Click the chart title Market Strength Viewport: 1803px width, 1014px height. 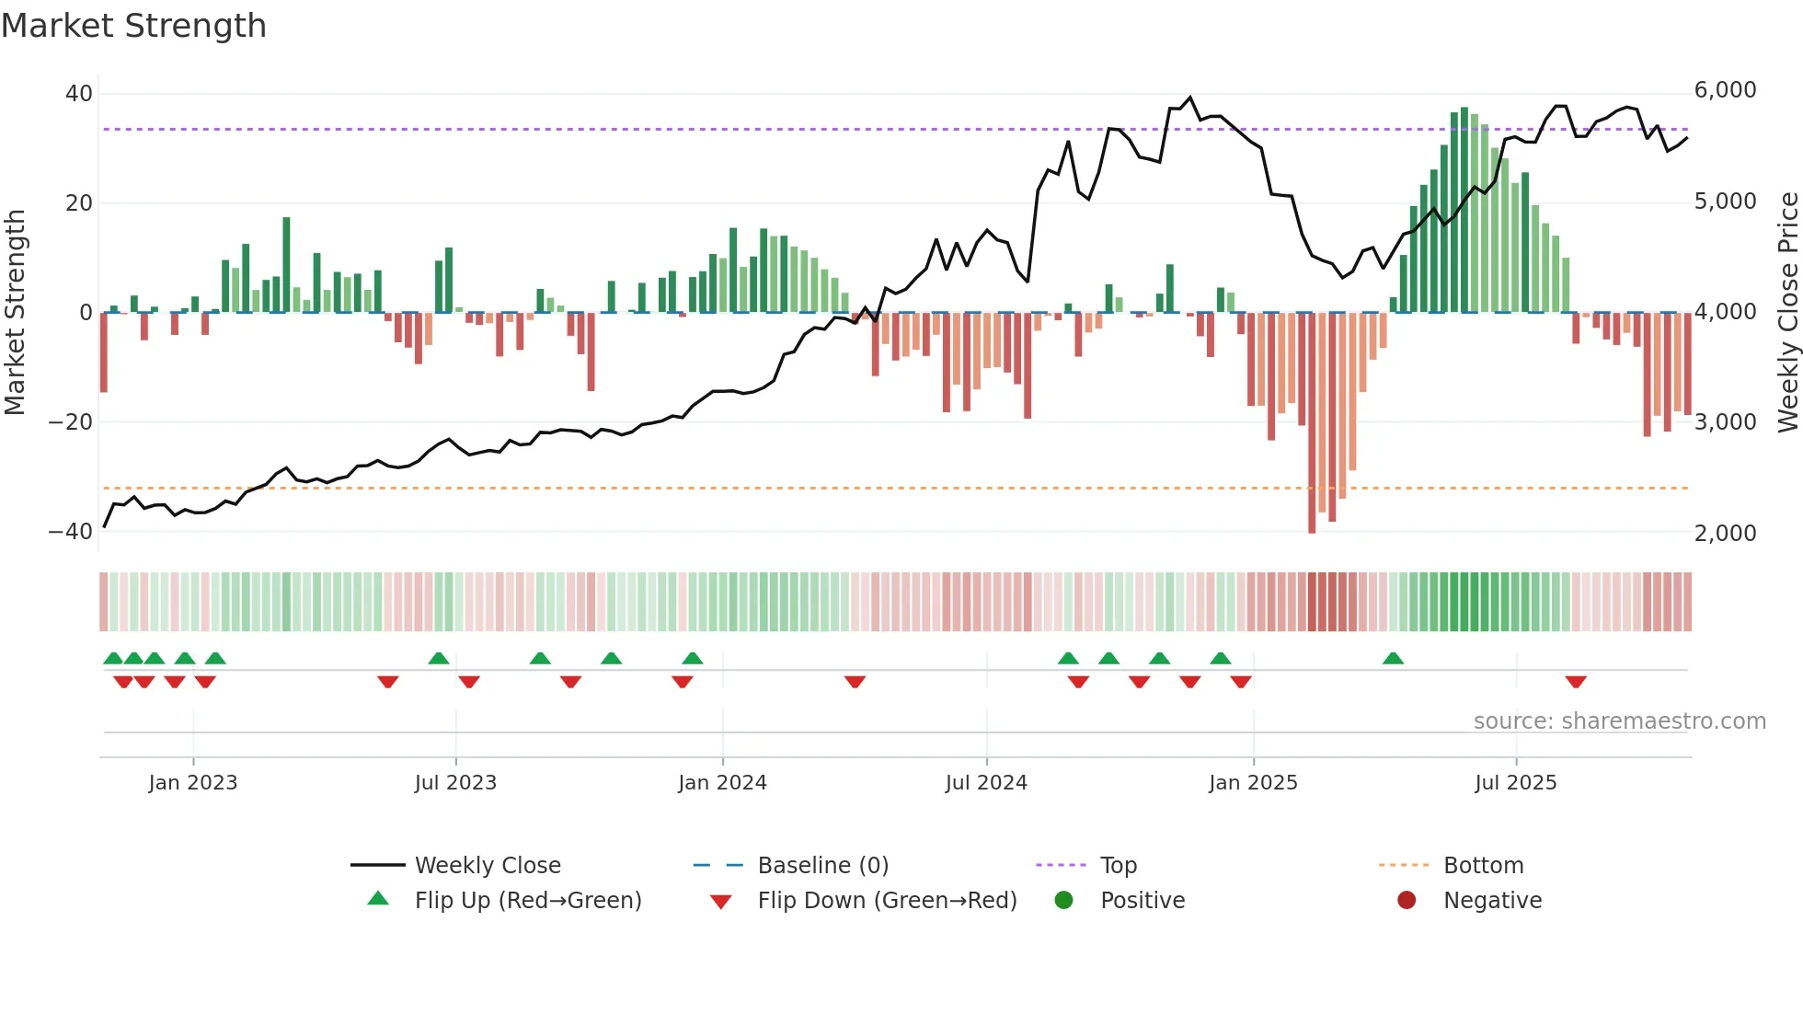tap(133, 26)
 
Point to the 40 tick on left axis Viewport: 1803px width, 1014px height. tap(79, 94)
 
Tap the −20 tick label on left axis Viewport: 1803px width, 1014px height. tap(70, 422)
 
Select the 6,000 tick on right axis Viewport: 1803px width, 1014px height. tap(1725, 90)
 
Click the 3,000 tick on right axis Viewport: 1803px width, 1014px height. tap(1725, 422)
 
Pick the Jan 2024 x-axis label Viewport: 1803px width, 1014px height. tap(722, 783)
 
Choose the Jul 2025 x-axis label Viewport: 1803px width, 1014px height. tap(1515, 783)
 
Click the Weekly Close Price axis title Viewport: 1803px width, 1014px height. tap(1787, 313)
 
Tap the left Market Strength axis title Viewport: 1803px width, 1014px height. tap(15, 313)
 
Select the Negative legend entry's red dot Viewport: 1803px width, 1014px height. tap(1407, 901)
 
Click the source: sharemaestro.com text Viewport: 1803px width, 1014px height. tap(1619, 721)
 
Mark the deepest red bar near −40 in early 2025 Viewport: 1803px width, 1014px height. tap(1312, 423)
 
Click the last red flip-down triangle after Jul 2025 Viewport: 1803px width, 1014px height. tap(1576, 682)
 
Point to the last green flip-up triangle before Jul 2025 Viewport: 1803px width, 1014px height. tap(1393, 658)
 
